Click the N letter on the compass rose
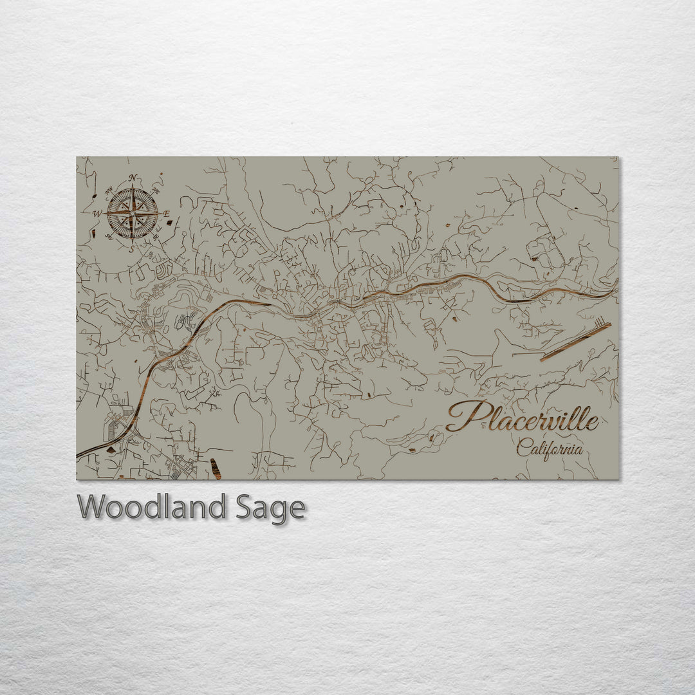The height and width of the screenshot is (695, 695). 133,178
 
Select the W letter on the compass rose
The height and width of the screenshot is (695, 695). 97,213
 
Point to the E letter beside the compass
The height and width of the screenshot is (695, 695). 166,214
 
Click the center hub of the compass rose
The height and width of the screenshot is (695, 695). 133,213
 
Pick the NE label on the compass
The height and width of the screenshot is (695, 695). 155,190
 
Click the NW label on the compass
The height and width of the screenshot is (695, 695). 109,190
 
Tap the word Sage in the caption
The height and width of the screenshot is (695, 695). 269,508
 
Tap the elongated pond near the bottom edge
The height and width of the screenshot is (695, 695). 216,468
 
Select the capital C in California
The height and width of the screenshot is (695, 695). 523,447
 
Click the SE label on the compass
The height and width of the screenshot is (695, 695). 154,237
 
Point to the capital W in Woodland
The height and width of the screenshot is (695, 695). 91,507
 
